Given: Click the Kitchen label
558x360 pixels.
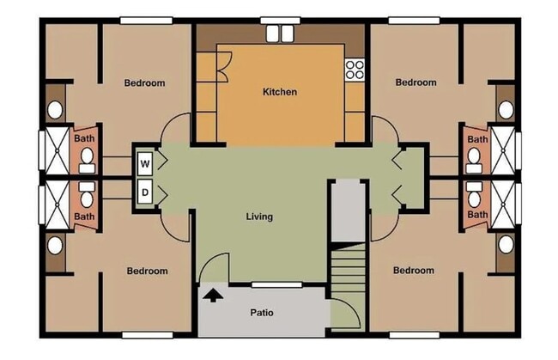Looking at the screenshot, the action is click(280, 92).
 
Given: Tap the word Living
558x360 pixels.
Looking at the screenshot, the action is click(259, 217).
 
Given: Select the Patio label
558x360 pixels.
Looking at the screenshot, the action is click(262, 313).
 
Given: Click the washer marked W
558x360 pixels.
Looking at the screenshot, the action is click(145, 164).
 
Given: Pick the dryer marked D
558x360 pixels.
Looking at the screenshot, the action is click(145, 192).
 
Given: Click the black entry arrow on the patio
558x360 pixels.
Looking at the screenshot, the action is click(212, 295).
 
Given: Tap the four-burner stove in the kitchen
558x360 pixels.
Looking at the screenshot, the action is click(355, 70).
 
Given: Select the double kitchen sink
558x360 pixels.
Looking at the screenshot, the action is click(280, 34).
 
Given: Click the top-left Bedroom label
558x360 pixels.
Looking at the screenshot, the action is click(144, 83).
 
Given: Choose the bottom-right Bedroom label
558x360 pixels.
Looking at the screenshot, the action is click(414, 271).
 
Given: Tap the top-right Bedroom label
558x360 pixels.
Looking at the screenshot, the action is click(416, 82).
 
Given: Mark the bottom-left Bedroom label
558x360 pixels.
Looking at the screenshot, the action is click(148, 271).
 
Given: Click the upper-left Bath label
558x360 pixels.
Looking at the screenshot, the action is click(84, 138).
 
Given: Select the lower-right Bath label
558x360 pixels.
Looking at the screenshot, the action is click(477, 214).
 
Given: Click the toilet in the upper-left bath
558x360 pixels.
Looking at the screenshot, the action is click(87, 160).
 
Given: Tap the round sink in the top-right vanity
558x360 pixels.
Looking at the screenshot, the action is click(506, 110).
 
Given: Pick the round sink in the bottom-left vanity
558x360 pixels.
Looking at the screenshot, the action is click(55, 246).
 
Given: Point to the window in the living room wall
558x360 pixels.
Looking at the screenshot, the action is click(277, 285).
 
